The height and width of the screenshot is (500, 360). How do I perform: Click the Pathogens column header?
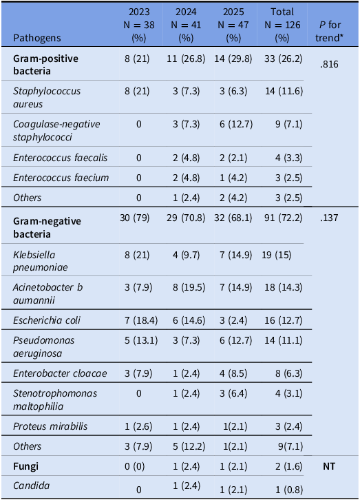[36, 38]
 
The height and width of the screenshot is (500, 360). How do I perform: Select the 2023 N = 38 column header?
[139, 25]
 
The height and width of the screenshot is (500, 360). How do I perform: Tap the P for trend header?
[330, 31]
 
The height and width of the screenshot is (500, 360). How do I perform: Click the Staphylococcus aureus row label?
[47, 97]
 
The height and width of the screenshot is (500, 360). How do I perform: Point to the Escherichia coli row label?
[47, 320]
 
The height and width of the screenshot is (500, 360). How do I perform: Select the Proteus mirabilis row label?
[50, 426]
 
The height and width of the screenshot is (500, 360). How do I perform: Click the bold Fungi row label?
[25, 466]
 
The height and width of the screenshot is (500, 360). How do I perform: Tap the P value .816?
[329, 65]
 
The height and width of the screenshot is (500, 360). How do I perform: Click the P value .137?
[329, 218]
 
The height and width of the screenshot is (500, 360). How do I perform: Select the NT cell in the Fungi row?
[329, 466]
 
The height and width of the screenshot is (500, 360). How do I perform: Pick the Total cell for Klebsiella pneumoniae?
[277, 255]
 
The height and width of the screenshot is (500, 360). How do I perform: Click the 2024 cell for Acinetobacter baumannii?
[186, 287]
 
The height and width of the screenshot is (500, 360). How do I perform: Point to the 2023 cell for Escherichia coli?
[141, 320]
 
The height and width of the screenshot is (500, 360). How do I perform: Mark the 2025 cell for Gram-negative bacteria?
[233, 218]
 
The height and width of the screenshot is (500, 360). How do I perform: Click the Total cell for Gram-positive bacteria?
[283, 59]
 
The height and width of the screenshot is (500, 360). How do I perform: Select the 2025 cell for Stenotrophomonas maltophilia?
[233, 393]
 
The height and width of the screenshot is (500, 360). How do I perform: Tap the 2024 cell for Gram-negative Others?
[189, 446]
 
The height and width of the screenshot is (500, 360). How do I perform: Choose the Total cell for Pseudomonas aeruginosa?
[284, 340]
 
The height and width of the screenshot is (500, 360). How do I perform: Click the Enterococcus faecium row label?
[61, 178]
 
